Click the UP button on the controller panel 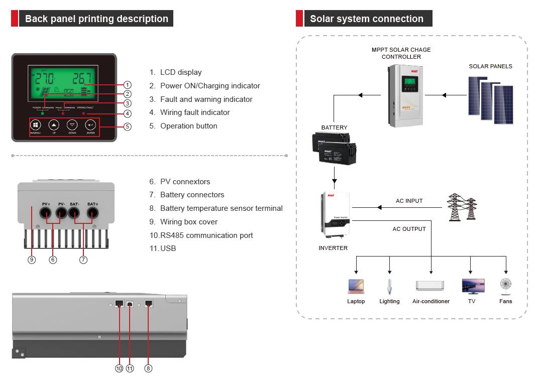(x=54, y=125)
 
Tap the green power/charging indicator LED (x=42, y=113)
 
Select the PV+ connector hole (x=46, y=213)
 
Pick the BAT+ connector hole (x=92, y=213)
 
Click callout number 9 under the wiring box (x=32, y=260)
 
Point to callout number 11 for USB (x=130, y=368)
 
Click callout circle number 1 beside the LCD (x=128, y=85)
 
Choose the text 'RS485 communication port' (x=206, y=235)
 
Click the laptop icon (x=356, y=286)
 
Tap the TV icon (x=473, y=286)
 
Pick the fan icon (x=505, y=286)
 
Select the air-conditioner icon (x=430, y=286)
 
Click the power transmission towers (x=462, y=207)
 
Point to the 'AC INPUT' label (x=409, y=201)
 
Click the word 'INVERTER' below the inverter (x=333, y=248)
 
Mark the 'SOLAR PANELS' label (x=490, y=66)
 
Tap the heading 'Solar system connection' (x=366, y=19)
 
